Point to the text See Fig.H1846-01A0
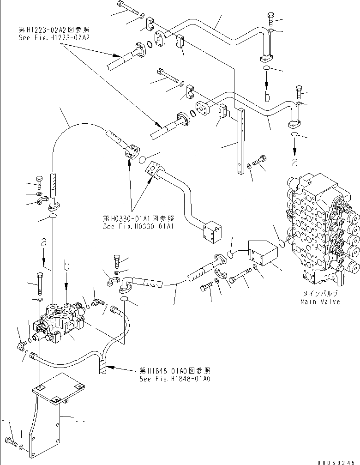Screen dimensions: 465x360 tap(175, 378)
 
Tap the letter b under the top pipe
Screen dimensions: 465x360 tap(266, 96)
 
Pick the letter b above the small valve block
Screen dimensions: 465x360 tap(67, 266)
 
